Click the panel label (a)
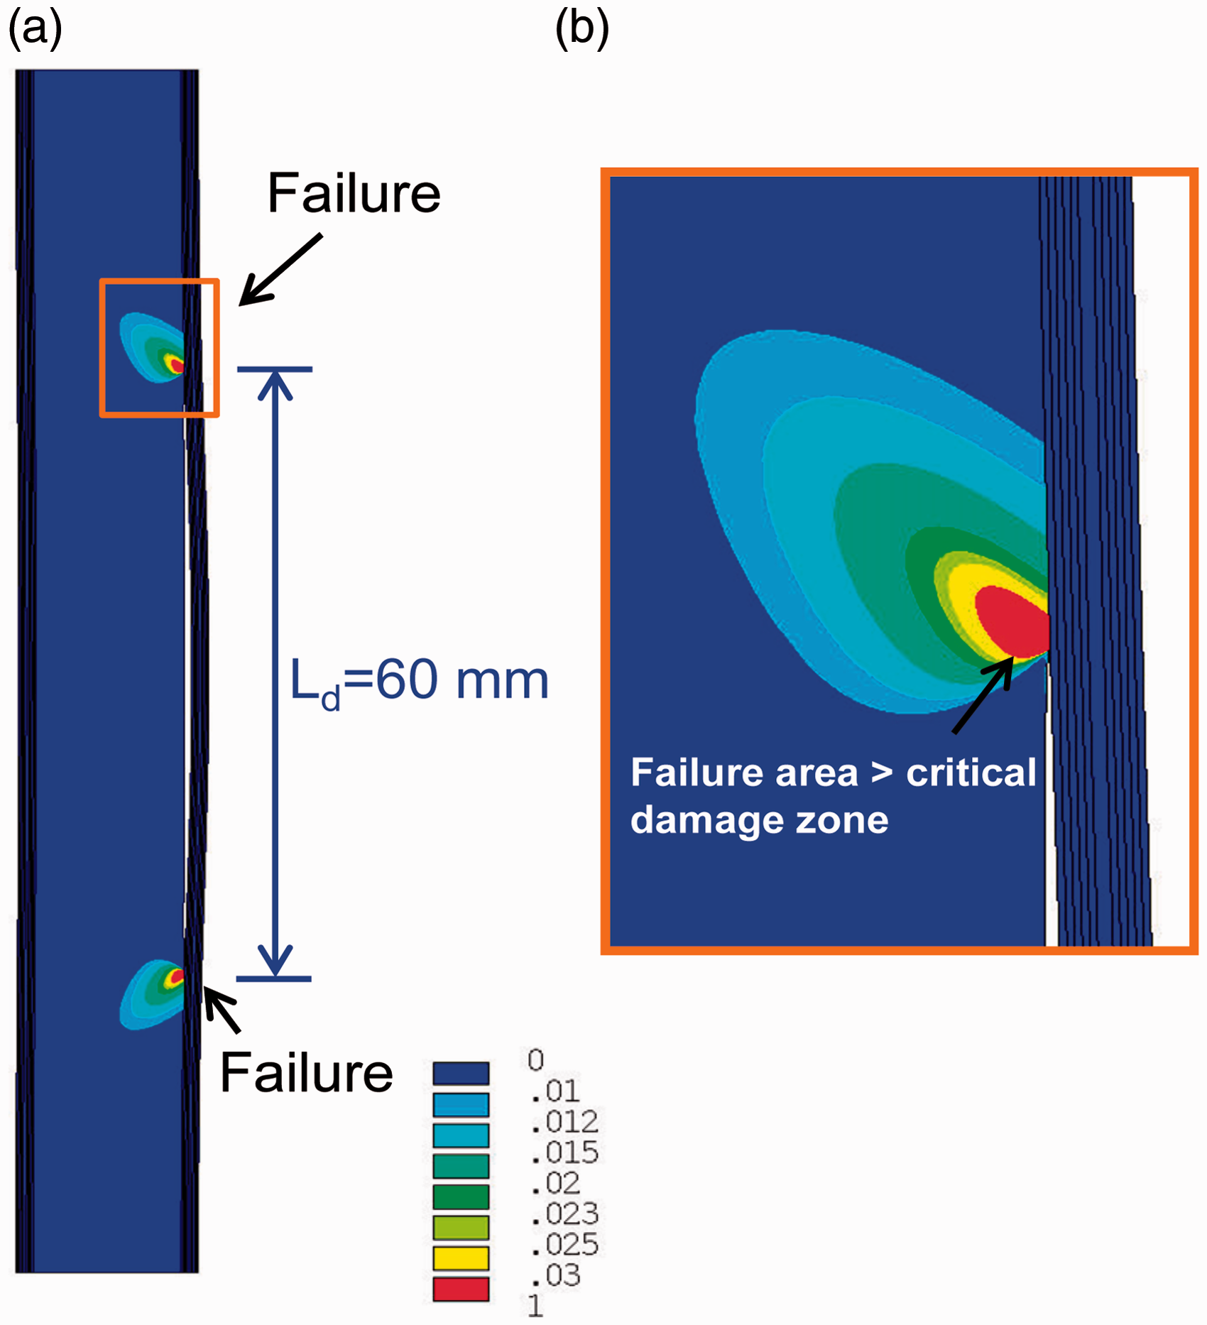[x=35, y=30]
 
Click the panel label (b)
[x=582, y=30]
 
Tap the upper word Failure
[x=354, y=193]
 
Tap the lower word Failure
[x=307, y=1072]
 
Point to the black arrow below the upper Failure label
[x=280, y=270]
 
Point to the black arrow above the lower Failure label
[x=222, y=1009]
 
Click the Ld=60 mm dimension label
[x=420, y=682]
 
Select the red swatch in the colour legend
[x=461, y=1289]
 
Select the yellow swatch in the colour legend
[x=461, y=1258]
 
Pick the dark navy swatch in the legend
[x=461, y=1073]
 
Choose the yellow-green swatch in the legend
[x=461, y=1227]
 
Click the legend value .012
[x=565, y=1122]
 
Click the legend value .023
[x=565, y=1214]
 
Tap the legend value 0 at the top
[x=536, y=1060]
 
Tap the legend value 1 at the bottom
[x=535, y=1306]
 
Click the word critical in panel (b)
[x=971, y=773]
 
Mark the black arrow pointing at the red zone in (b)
[x=983, y=694]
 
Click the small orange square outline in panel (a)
[x=160, y=281]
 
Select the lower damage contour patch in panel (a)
[x=153, y=994]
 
